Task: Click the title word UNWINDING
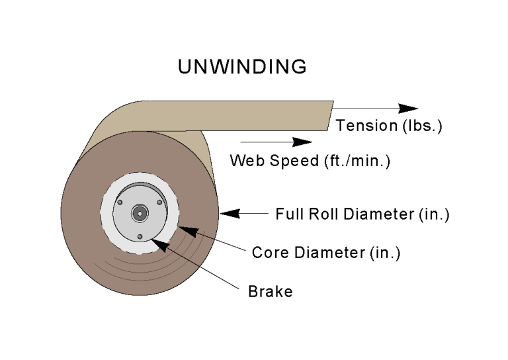click(242, 67)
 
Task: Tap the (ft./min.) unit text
click(355, 161)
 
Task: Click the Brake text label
click(270, 291)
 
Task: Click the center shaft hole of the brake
click(140, 213)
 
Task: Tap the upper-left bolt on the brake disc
click(120, 202)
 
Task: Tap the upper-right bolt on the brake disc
click(159, 202)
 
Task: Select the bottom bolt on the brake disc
click(140, 236)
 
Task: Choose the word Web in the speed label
click(244, 161)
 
